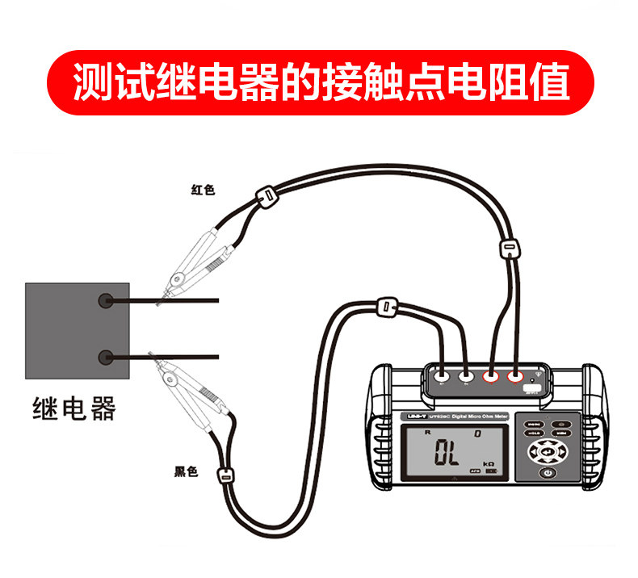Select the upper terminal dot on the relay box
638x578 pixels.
point(105,301)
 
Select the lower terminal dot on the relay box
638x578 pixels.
point(105,357)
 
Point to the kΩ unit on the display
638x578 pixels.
point(488,463)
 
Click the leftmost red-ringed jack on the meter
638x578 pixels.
point(490,375)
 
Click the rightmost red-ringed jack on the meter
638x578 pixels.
point(514,375)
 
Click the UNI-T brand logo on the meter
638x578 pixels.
point(414,416)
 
